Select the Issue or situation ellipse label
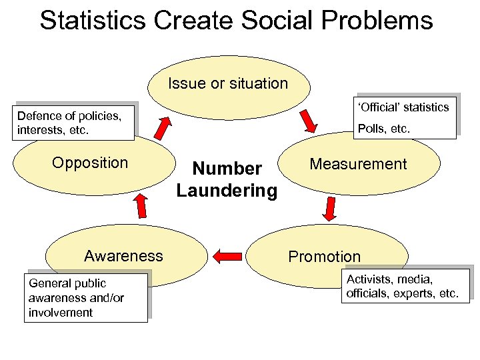click(228, 84)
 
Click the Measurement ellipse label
click(358, 164)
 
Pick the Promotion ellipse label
click(324, 257)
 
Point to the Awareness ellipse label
click(123, 255)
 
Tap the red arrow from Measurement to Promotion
click(329, 209)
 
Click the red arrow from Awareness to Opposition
click(141, 206)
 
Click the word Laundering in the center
click(227, 191)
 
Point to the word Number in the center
click(227, 169)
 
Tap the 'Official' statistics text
click(404, 107)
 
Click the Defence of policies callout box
click(75, 123)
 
